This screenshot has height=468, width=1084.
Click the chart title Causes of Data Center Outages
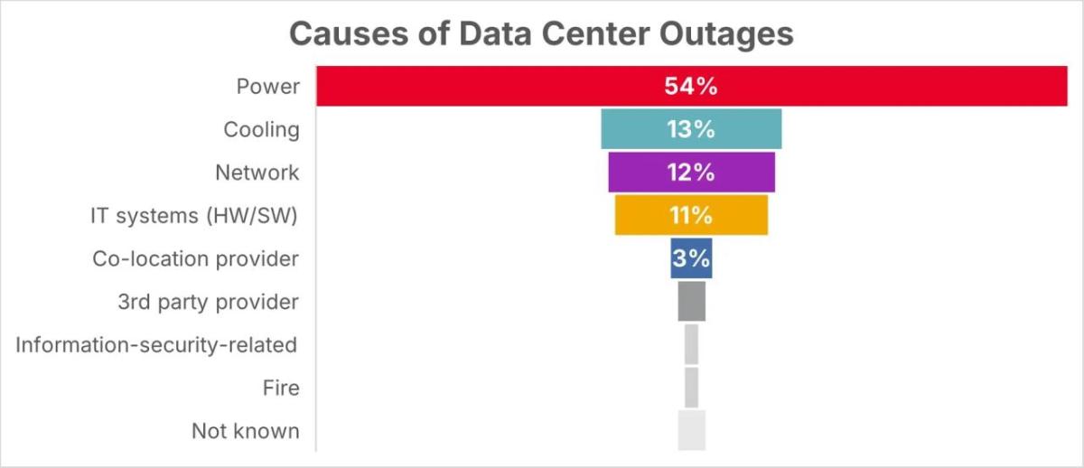[541, 34]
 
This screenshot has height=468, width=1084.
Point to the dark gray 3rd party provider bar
[691, 302]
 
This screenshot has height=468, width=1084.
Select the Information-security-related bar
[691, 344]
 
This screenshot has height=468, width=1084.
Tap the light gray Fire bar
[691, 388]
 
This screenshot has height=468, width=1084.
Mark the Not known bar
[691, 431]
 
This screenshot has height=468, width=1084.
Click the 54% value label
[691, 87]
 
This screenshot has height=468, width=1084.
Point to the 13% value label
[691, 129]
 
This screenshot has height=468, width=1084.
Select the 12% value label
[691, 173]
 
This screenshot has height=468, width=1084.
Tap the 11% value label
[691, 216]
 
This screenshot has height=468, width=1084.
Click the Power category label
[267, 87]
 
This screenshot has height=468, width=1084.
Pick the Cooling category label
[261, 129]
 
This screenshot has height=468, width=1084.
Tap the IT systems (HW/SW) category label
[194, 216]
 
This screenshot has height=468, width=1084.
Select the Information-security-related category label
[156, 345]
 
